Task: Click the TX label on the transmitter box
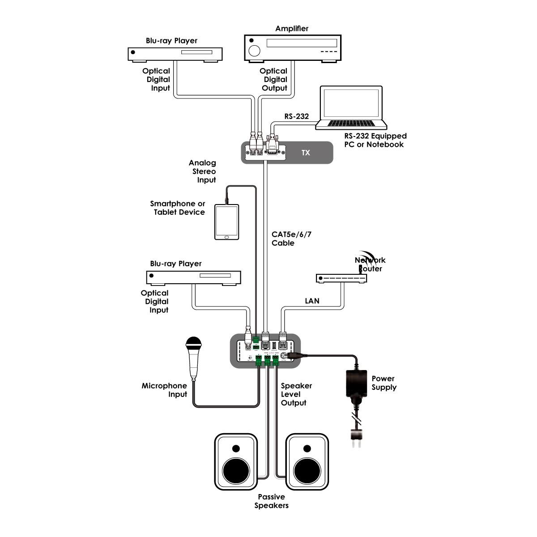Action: [306, 153]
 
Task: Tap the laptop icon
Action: [351, 108]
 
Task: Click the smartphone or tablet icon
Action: [227, 222]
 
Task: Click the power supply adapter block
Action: [357, 384]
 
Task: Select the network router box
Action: [341, 278]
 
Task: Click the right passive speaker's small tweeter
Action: [307, 448]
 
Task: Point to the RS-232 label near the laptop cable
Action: [296, 116]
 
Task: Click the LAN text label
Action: [312, 301]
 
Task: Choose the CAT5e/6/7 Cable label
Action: [291, 239]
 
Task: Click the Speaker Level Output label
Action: [296, 394]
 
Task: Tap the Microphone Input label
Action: [164, 390]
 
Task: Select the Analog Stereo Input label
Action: [204, 171]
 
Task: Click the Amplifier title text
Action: [292, 29]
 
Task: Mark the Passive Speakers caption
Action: [271, 501]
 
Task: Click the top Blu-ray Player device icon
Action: [175, 54]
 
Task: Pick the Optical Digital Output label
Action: [274, 80]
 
